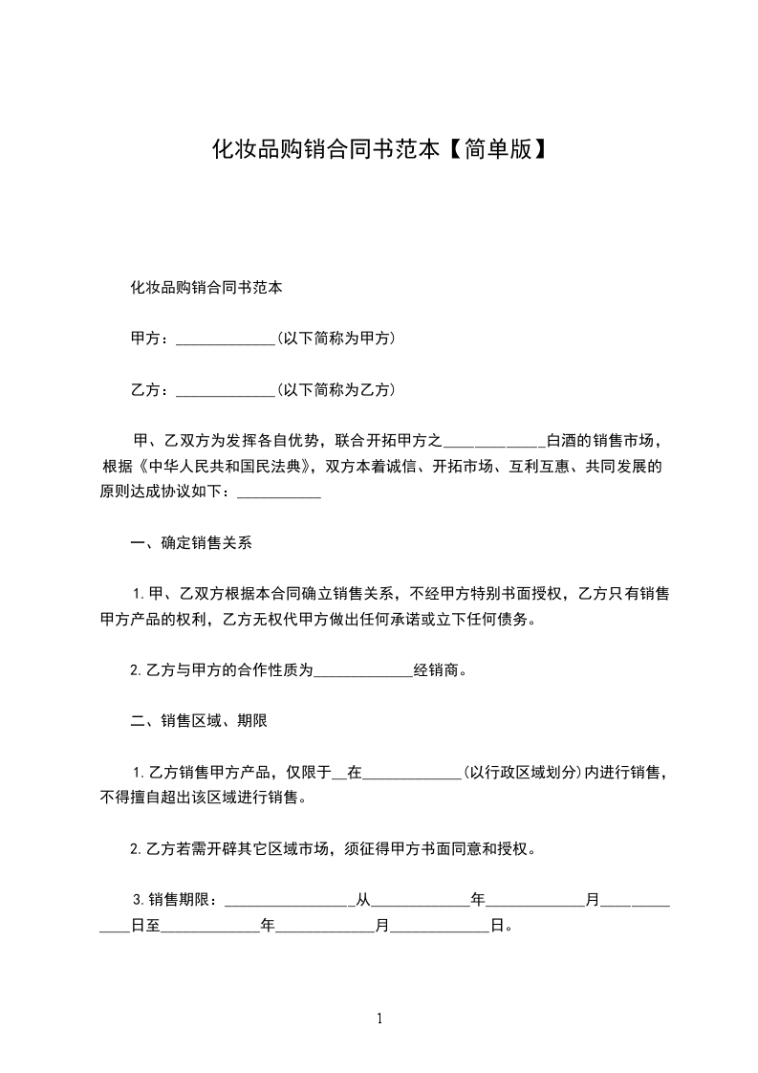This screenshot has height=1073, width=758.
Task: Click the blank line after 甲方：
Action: tap(227, 339)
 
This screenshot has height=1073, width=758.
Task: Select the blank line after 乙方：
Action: tap(227, 391)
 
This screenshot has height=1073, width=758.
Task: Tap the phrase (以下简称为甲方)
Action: tap(336, 339)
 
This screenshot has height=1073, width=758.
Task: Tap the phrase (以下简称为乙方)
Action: tap(336, 390)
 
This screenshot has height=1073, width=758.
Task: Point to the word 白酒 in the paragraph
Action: tap(561, 442)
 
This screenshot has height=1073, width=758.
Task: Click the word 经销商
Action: tap(438, 669)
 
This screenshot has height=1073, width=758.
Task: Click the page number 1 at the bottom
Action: tap(379, 1018)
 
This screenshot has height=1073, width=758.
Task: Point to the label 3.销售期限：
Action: tap(177, 900)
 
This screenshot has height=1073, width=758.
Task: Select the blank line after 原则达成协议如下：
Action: tap(278, 494)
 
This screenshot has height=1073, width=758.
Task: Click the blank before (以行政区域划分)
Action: tap(413, 774)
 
